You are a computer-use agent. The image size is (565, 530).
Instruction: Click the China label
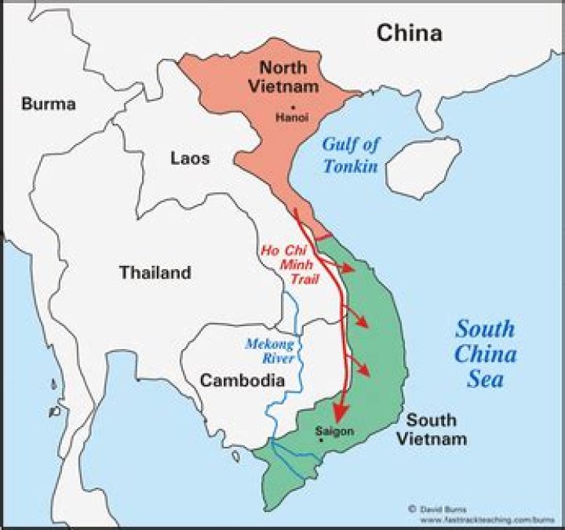click(x=409, y=33)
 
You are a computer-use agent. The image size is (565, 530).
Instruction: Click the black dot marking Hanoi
click(x=292, y=107)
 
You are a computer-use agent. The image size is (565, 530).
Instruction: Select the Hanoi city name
click(x=291, y=118)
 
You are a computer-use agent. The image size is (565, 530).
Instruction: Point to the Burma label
click(x=49, y=103)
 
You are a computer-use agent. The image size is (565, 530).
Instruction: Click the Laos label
click(x=190, y=158)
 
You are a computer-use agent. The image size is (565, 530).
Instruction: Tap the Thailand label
click(x=155, y=273)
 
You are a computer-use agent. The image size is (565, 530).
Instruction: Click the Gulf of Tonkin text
click(x=350, y=154)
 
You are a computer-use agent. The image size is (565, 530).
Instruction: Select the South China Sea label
click(x=486, y=354)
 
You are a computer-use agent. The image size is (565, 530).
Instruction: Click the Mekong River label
click(x=269, y=351)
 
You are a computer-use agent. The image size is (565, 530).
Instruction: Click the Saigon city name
click(x=334, y=431)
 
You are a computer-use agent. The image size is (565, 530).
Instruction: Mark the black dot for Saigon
click(x=321, y=441)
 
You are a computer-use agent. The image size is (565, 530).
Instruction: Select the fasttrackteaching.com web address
click(x=480, y=519)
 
